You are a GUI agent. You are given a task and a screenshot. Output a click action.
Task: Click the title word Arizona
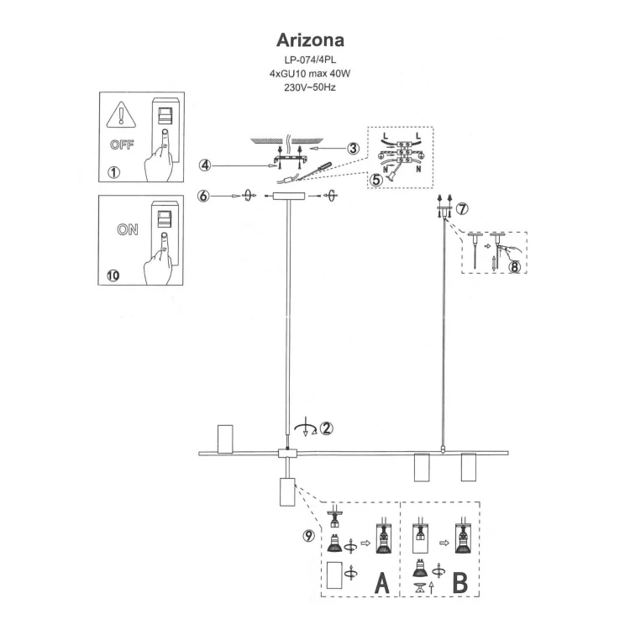click(311, 41)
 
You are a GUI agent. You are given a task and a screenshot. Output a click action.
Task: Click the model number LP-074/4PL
click(311, 61)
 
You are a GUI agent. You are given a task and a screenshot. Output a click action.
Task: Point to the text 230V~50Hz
click(311, 87)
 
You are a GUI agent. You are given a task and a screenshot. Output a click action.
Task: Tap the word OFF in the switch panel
click(123, 144)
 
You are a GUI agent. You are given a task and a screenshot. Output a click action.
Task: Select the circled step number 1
click(114, 174)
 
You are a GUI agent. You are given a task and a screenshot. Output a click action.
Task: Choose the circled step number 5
click(376, 178)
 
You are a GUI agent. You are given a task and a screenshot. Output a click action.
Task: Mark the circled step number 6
click(204, 196)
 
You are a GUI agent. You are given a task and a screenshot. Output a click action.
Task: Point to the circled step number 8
click(515, 266)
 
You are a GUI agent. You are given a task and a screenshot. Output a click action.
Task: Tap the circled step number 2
click(326, 427)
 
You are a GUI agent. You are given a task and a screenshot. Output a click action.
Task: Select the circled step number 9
click(309, 535)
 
